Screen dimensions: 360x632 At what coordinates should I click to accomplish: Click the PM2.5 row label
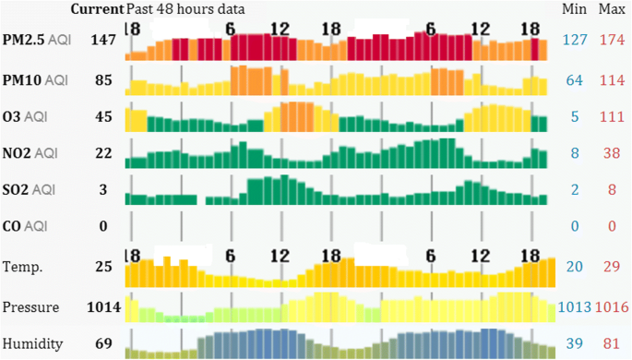click(36, 42)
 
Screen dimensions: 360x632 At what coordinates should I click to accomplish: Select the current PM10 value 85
click(103, 80)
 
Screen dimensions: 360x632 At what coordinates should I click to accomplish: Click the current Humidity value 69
click(103, 344)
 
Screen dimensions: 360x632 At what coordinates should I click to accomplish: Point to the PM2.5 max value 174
click(610, 42)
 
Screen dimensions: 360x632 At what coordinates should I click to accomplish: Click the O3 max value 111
click(610, 116)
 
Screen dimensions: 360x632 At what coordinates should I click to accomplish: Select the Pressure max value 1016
click(612, 307)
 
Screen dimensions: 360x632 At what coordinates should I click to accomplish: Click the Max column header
click(611, 9)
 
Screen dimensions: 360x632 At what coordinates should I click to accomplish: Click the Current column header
click(97, 9)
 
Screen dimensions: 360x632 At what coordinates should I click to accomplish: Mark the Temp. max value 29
click(610, 267)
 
